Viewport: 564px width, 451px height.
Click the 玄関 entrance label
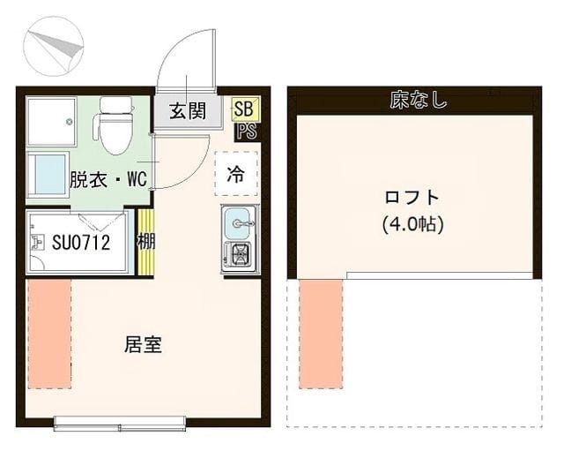(188, 110)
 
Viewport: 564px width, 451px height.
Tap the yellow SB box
(245, 109)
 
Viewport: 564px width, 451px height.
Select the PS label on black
(247, 132)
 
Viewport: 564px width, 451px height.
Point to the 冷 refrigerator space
(236, 174)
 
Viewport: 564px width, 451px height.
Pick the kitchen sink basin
(237, 223)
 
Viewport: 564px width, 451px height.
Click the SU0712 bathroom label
(81, 242)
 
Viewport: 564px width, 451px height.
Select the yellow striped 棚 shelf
(146, 241)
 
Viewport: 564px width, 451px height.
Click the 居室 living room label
(143, 344)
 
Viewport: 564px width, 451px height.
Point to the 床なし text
(419, 100)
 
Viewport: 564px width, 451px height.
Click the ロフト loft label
(412, 198)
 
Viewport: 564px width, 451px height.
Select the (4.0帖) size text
(412, 224)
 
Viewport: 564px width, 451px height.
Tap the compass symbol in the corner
(54, 46)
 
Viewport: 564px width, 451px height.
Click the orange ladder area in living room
(49, 334)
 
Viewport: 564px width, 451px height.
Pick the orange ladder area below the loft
(321, 334)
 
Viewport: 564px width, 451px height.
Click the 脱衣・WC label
(108, 178)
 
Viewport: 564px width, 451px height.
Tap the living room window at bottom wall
(120, 424)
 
